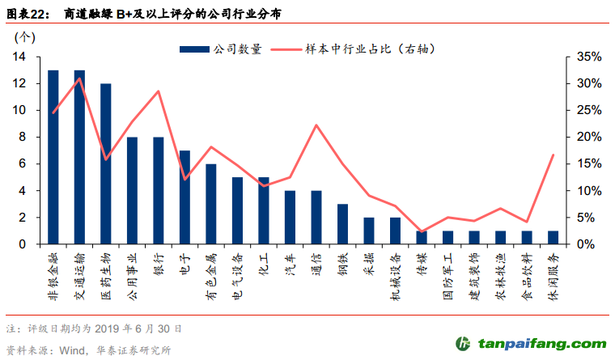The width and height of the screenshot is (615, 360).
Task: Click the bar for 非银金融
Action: [x=53, y=157]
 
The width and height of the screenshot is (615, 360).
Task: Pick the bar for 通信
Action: [x=316, y=218]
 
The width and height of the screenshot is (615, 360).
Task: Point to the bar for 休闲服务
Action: [x=553, y=238]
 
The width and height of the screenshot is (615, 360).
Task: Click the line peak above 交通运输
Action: [x=79, y=78]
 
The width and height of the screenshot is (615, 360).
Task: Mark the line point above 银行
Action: [x=159, y=91]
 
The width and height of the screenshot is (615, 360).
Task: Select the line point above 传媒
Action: [x=422, y=231]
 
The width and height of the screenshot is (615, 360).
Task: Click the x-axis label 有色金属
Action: [x=211, y=273]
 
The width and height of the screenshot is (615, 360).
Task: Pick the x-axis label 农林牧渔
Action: [x=501, y=273]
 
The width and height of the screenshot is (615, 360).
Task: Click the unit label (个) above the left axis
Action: [x=25, y=36]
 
